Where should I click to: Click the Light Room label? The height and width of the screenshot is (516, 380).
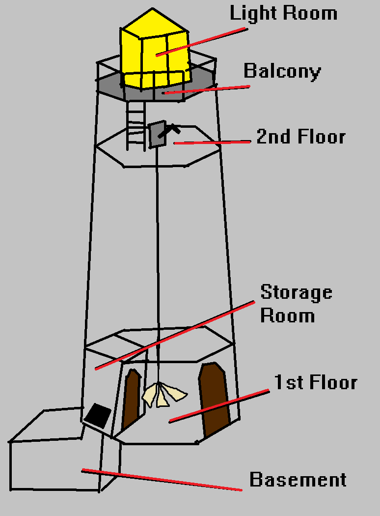click(x=283, y=13)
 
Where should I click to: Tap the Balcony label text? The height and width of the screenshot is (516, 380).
click(x=282, y=71)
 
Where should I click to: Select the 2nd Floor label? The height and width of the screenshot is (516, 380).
click(x=300, y=137)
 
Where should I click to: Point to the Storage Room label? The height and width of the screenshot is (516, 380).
click(x=296, y=303)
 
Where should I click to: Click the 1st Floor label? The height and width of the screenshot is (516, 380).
click(x=315, y=382)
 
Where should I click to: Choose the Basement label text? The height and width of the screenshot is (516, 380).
click(x=298, y=480)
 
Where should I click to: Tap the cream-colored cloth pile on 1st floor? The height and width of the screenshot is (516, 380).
click(x=163, y=394)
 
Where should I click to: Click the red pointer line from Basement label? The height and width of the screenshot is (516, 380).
click(x=162, y=480)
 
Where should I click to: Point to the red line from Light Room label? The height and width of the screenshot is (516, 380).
click(x=201, y=41)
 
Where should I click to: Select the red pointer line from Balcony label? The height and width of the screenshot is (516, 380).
click(x=206, y=89)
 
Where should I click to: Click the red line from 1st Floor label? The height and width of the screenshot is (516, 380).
click(x=219, y=406)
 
